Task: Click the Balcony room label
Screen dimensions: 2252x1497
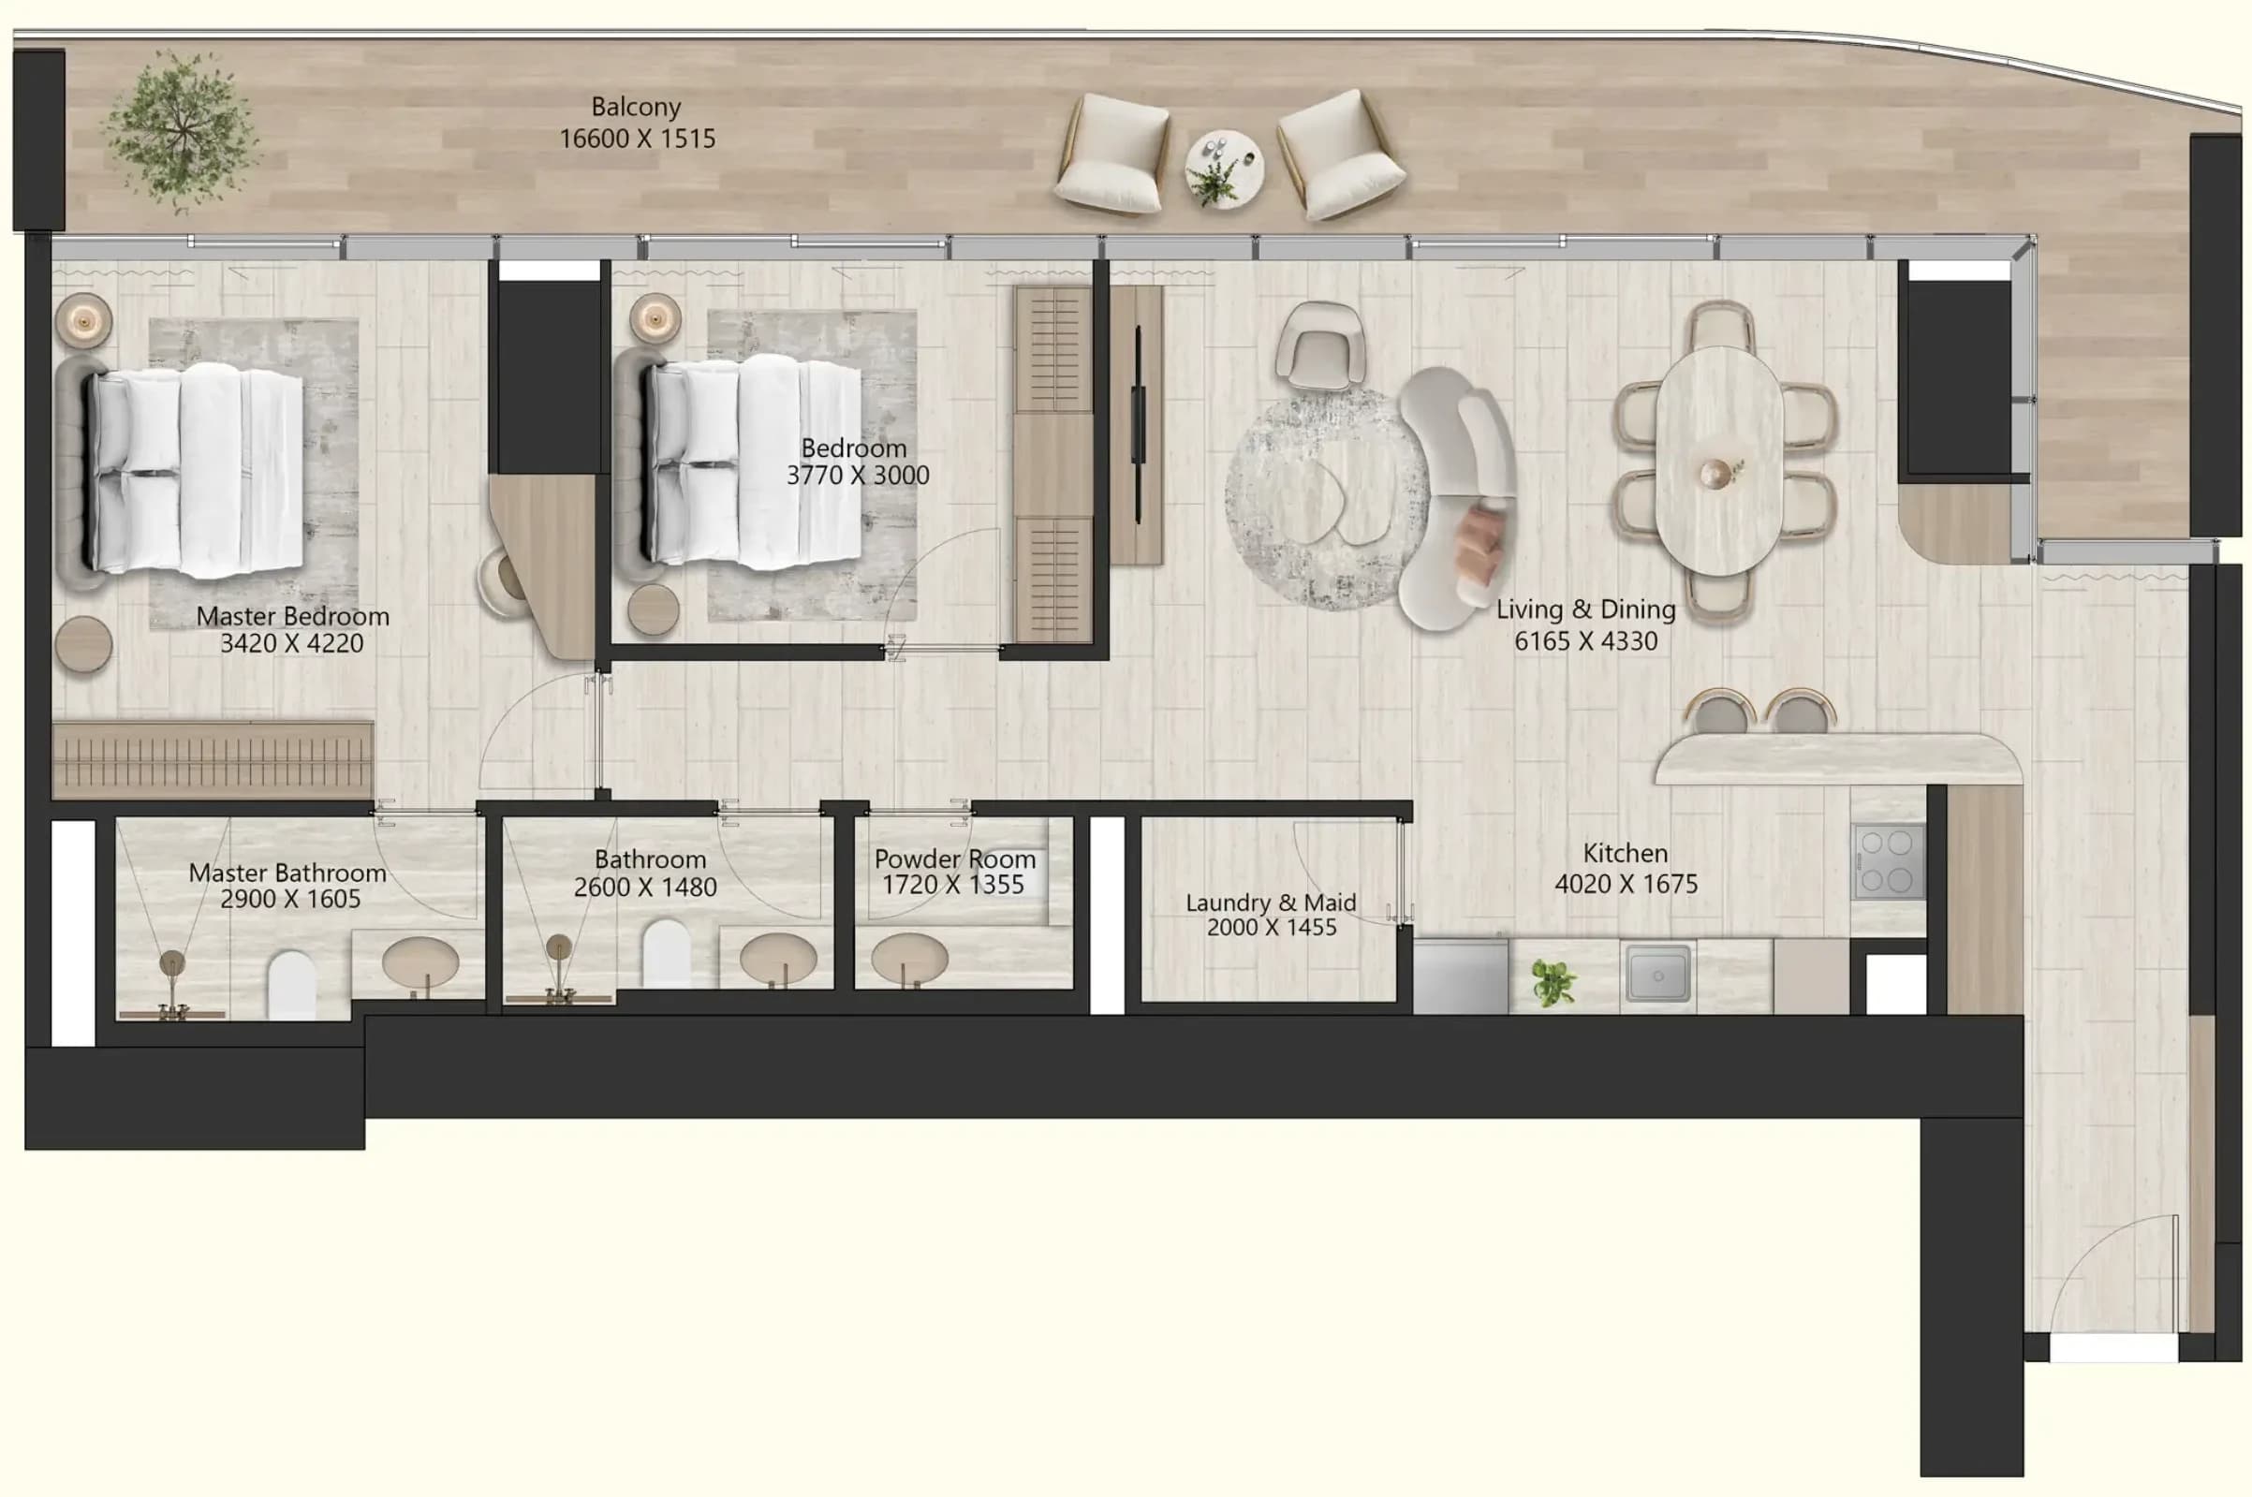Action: [x=636, y=107]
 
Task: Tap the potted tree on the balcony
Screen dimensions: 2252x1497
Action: [x=181, y=133]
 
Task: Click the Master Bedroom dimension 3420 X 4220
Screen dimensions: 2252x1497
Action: [x=292, y=643]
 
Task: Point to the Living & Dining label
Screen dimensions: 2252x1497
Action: [x=1585, y=609]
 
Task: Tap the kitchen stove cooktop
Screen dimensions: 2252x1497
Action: [x=1889, y=861]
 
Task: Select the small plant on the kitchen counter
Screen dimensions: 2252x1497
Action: [x=1553, y=982]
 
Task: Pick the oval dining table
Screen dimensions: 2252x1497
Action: [x=1718, y=462]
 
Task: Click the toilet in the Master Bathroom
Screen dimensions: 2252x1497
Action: [x=291, y=984]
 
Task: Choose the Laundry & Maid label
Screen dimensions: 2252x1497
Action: [x=1271, y=903]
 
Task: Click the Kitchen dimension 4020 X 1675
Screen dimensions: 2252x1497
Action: [x=1626, y=884]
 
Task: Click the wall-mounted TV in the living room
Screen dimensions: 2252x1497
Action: [x=1138, y=425]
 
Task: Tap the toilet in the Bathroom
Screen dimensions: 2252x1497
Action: [x=666, y=952]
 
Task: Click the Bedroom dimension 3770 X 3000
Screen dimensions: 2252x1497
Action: [x=858, y=476]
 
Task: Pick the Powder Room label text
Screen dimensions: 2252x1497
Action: [x=954, y=859]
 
